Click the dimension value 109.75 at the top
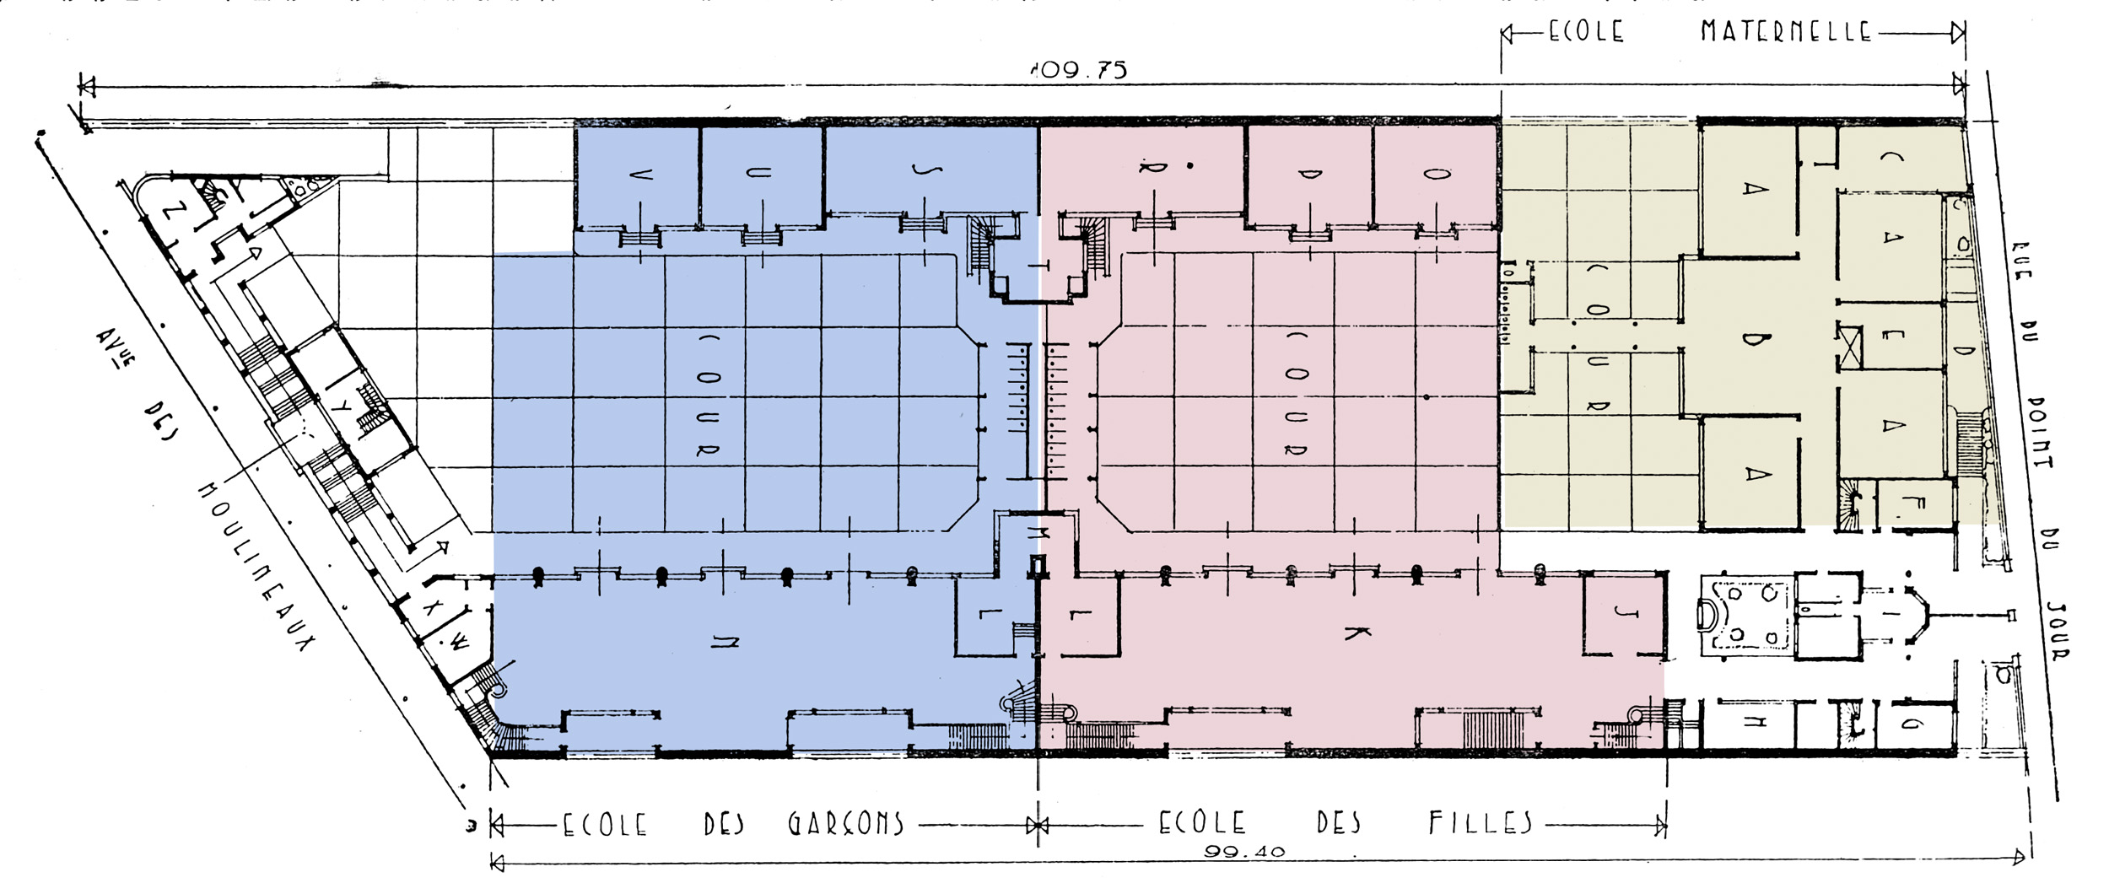point(1078,69)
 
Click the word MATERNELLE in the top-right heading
point(1785,32)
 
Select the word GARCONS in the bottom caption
point(846,823)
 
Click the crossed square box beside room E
point(1849,347)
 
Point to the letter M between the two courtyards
point(1037,532)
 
